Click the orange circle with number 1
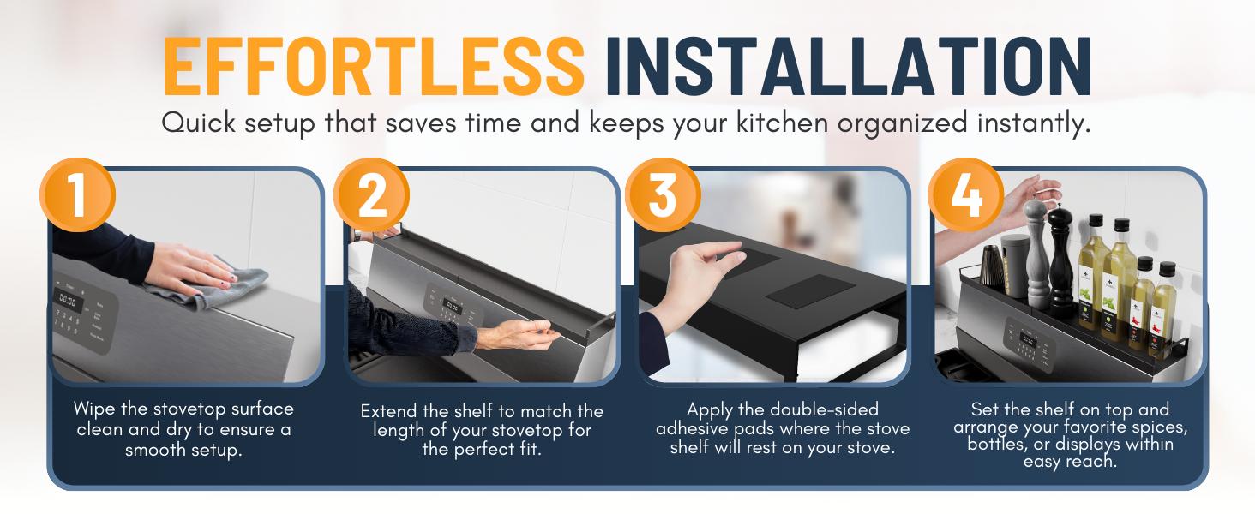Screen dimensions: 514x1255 pyautogui.click(x=77, y=196)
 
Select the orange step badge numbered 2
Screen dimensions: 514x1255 pyautogui.click(x=371, y=196)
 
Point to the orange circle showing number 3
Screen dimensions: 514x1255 pyautogui.click(x=663, y=196)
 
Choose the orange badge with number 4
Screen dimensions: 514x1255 pyautogui.click(x=966, y=196)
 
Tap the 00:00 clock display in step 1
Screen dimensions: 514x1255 pyautogui.click(x=67, y=302)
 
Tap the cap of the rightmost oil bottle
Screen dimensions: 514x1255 pyautogui.click(x=1167, y=270)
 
